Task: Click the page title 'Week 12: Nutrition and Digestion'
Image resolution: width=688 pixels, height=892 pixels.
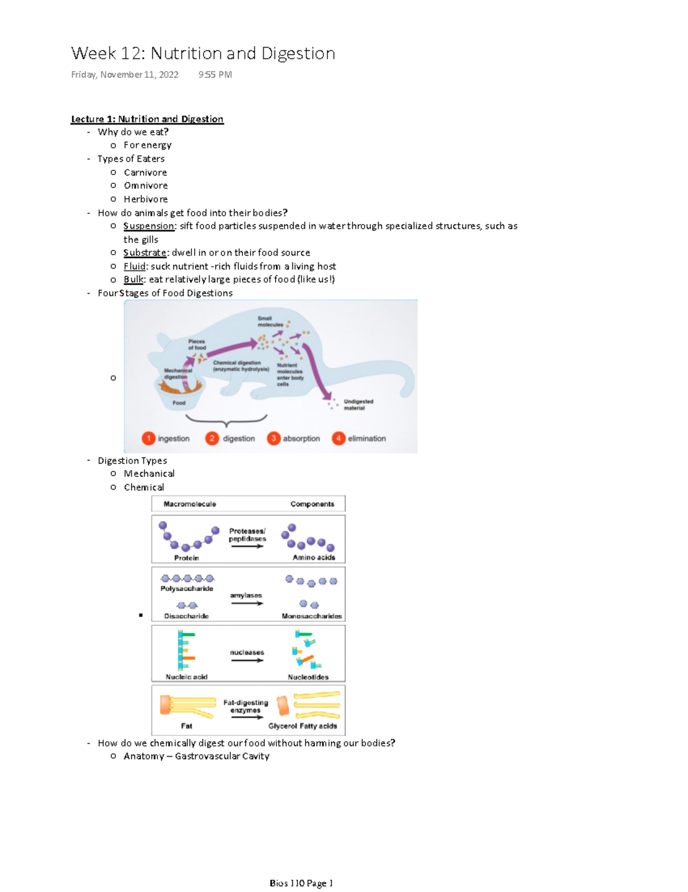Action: [203, 53]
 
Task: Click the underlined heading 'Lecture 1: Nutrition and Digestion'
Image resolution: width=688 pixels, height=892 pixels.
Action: [147, 119]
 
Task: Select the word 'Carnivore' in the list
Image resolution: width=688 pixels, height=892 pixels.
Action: [145, 173]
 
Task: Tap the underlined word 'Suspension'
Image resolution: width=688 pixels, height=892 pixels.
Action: [148, 226]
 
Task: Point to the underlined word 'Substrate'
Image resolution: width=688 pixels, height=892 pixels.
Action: [145, 253]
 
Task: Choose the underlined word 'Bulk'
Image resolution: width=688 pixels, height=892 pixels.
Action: [133, 280]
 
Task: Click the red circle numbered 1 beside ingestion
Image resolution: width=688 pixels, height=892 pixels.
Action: [148, 439]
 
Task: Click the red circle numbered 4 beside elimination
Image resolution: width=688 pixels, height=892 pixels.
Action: [338, 439]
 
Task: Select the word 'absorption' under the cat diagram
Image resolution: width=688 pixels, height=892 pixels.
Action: [301, 439]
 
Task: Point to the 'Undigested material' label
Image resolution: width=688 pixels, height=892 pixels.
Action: [358, 405]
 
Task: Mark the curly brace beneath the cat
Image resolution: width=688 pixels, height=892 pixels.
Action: [226, 421]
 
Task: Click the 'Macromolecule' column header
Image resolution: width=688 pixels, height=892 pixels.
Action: [190, 504]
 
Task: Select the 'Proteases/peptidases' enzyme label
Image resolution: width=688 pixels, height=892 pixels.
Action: [247, 535]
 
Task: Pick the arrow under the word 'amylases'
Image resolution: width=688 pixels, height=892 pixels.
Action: [247, 604]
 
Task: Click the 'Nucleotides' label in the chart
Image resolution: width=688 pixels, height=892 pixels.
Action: [308, 677]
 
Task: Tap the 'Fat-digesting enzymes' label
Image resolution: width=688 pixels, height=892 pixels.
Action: [245, 706]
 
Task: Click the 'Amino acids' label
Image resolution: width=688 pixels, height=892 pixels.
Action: [314, 557]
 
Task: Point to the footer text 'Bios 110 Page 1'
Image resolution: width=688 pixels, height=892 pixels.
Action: [301, 883]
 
